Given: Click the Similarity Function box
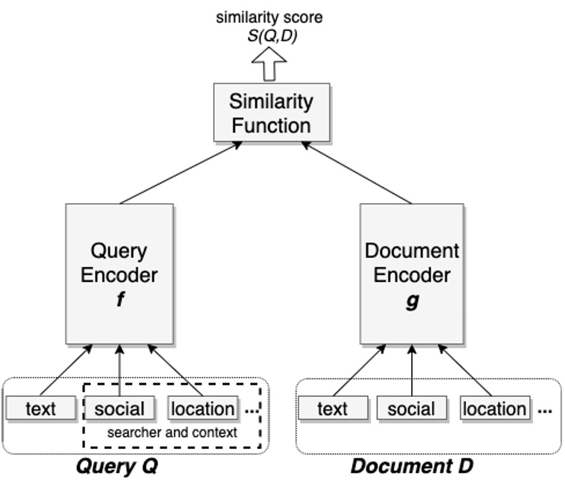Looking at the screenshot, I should pos(271,112).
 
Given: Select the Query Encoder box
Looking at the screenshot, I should pos(119,274).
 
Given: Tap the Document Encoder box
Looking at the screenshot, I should pos(412,274).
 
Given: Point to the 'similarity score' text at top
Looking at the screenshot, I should pos(269,17).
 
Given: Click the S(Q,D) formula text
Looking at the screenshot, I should pos(269,35).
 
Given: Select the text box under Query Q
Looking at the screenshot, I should pos(41,409).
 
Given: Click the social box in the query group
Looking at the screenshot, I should pos(119,409).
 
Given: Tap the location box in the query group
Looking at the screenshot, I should pos(203,409).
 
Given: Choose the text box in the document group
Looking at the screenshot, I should pos(333,409).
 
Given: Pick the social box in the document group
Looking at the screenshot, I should pos(411,409).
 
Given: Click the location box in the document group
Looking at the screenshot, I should pos(494,409).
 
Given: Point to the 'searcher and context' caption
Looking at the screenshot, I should pos(172,433).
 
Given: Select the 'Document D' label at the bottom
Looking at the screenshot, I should pos(411,467).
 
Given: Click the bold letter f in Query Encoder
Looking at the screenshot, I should pos(120,300).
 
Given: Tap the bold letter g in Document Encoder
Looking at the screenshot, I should pos(412,300).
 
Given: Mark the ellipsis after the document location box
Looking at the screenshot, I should pos(545,411).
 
